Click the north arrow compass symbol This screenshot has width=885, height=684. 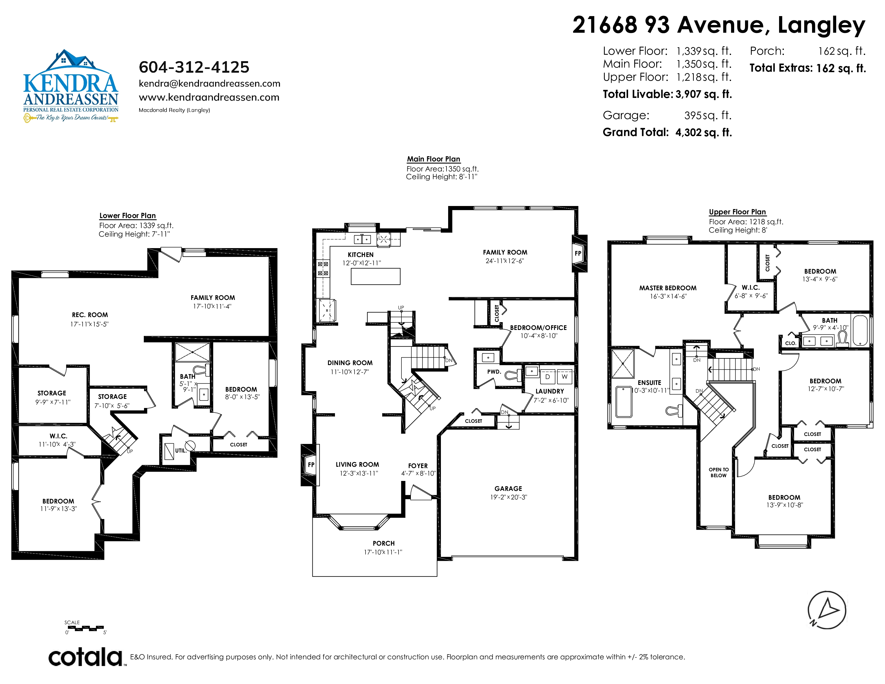[x=827, y=610]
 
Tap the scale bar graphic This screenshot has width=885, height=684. [x=86, y=628]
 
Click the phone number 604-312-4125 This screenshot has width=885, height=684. [x=194, y=67]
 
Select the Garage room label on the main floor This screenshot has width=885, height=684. [x=508, y=489]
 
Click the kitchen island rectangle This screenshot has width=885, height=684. [x=376, y=276]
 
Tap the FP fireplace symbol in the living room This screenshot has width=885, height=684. [x=311, y=465]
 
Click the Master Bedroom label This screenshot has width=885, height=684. [x=668, y=288]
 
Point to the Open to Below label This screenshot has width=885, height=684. [x=718, y=472]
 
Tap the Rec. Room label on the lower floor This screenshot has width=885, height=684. [x=90, y=315]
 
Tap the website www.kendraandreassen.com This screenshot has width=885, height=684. [x=209, y=97]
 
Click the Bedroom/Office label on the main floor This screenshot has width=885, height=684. [x=538, y=328]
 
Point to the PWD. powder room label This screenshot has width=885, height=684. [x=494, y=372]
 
